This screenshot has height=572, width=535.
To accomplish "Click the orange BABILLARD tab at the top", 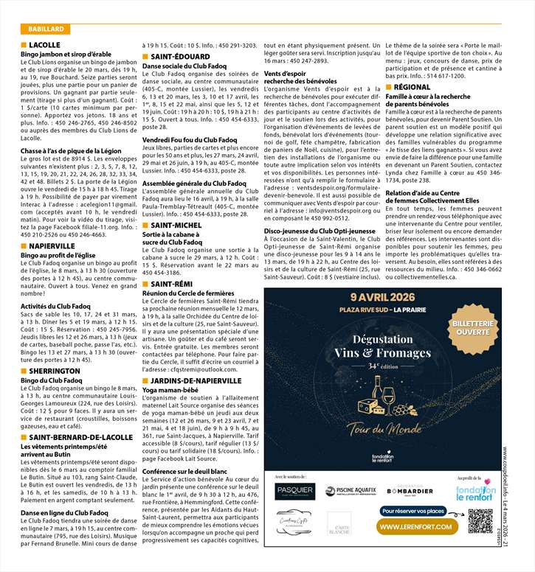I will coord(45,29).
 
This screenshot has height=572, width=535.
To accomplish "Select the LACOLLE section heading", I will coord(45,46).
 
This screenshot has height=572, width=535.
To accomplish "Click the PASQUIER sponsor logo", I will coord(294,492).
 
